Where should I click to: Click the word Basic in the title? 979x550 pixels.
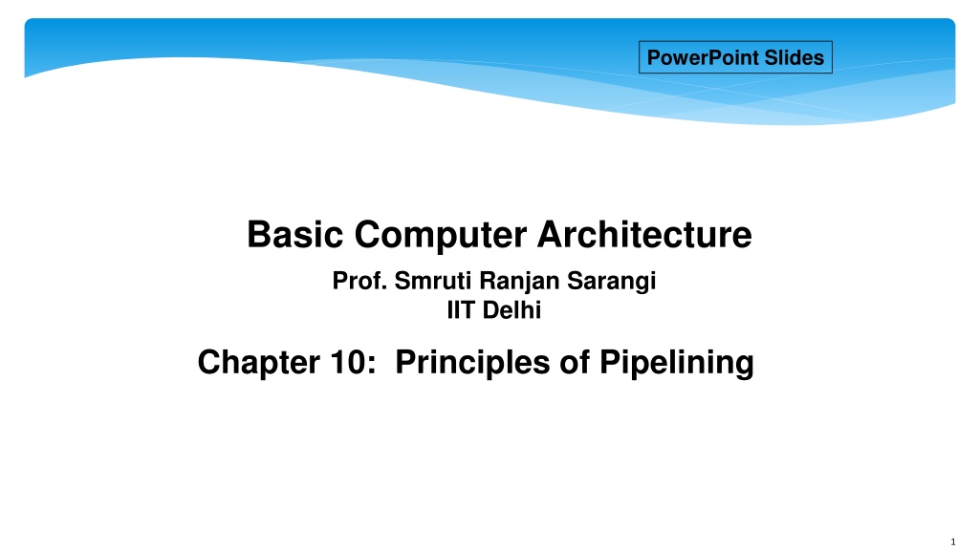click(294, 235)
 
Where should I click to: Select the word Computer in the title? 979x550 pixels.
click(441, 236)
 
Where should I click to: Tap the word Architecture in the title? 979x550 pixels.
click(645, 235)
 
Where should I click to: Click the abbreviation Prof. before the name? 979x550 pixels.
click(359, 281)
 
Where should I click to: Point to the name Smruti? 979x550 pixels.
click(433, 281)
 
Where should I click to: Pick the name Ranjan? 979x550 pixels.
click(519, 282)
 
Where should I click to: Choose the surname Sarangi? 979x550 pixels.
click(611, 282)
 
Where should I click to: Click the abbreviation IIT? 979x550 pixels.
click(460, 310)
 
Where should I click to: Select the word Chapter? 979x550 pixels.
click(258, 363)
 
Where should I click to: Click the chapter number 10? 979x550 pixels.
click(348, 362)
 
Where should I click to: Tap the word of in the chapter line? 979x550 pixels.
click(575, 362)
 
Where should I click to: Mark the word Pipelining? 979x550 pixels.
click(677, 363)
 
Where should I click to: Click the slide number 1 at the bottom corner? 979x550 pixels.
click(953, 542)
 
